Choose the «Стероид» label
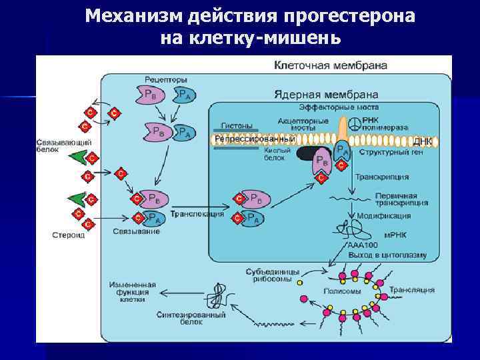click(68, 235)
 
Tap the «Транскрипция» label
click(381, 177)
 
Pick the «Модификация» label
click(383, 216)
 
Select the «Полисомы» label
click(342, 291)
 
